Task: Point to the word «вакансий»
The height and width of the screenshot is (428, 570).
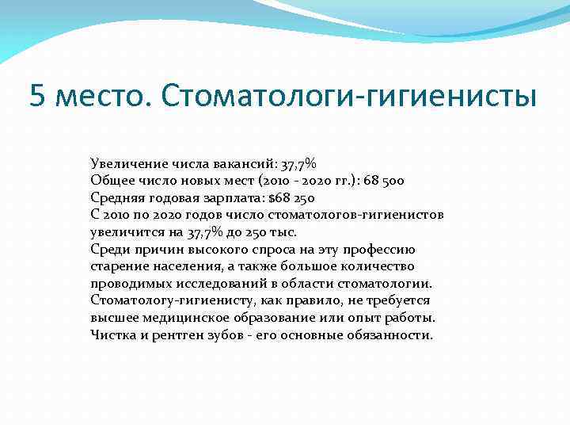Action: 240,164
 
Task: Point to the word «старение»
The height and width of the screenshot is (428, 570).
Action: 120,266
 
